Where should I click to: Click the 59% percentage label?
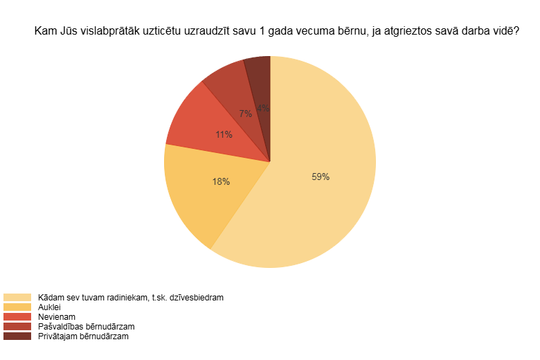321,177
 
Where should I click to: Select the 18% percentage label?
221,181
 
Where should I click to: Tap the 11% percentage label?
224,134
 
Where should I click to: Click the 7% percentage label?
245,114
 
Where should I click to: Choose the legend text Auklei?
50,307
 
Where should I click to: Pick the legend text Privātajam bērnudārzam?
83,336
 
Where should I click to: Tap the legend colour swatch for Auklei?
17,307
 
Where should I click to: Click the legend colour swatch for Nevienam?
17,316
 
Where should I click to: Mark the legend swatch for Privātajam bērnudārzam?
17,336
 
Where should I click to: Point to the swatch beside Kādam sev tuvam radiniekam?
17,297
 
